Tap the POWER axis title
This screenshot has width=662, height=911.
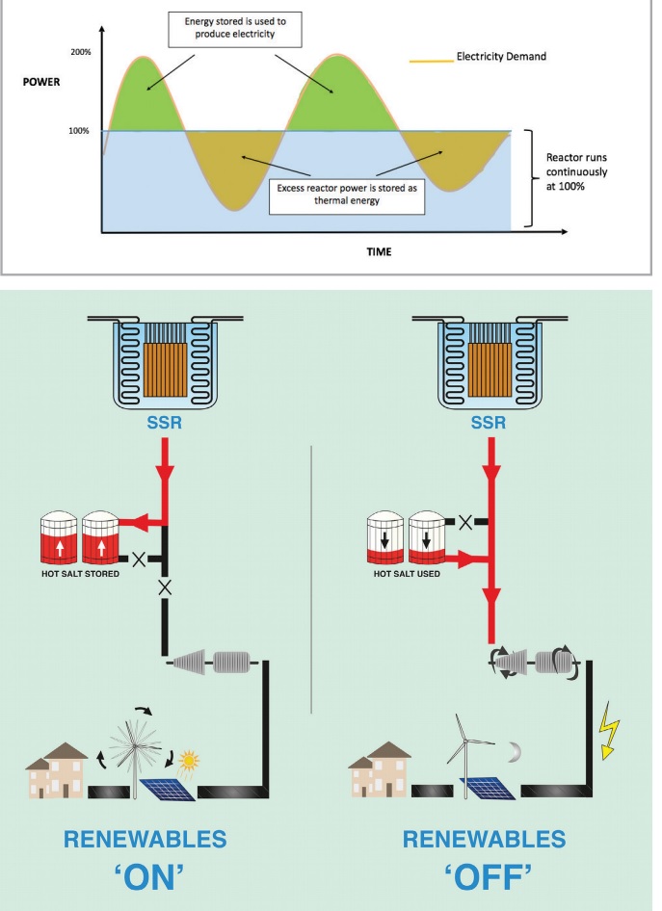40,82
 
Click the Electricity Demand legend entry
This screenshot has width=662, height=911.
501,57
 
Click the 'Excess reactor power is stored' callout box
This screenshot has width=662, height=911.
335,195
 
